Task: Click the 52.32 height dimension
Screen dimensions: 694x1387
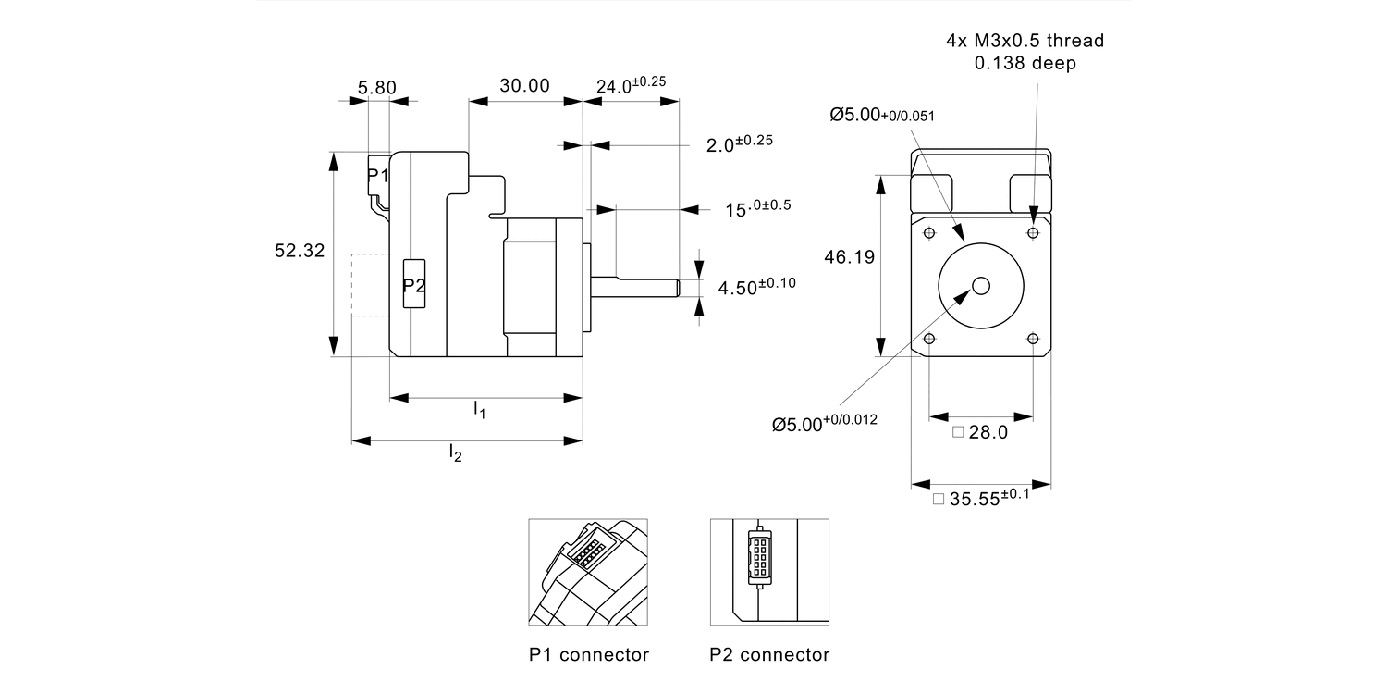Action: [300, 251]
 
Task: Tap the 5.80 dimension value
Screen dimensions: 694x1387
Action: [376, 88]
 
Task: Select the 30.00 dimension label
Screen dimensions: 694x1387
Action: [524, 86]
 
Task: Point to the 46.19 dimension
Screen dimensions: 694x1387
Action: [849, 258]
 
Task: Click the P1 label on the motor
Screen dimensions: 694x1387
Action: [377, 176]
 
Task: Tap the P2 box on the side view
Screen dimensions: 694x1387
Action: [414, 285]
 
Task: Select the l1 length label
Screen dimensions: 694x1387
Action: [479, 409]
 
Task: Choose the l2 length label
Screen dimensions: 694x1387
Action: [455, 452]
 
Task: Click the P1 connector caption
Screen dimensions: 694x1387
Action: [588, 655]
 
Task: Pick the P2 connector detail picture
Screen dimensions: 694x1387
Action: [769, 572]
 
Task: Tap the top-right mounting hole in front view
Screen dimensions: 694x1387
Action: [1033, 231]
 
